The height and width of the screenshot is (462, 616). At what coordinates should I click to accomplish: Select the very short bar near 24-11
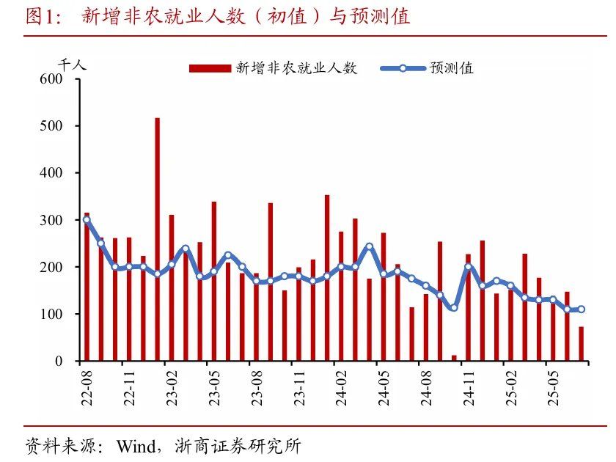click(454, 358)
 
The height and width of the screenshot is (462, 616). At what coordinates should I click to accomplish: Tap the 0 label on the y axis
click(62, 362)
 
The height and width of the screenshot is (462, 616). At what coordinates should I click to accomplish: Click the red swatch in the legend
click(209, 68)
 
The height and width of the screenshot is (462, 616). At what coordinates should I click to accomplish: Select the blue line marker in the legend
click(403, 68)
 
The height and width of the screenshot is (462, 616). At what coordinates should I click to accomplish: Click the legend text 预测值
click(452, 68)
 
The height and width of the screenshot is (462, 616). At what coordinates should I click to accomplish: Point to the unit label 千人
click(72, 64)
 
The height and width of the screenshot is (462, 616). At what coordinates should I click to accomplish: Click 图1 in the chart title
click(41, 16)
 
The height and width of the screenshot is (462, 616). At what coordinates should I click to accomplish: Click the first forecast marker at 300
click(87, 219)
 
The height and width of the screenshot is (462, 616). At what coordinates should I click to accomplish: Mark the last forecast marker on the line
click(582, 309)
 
